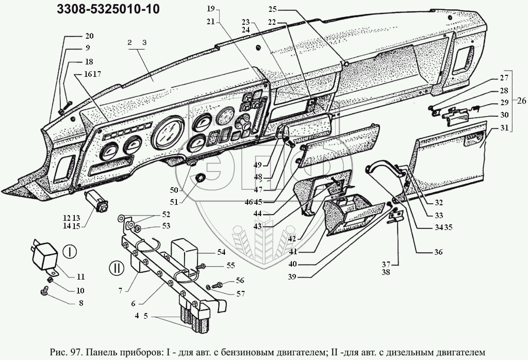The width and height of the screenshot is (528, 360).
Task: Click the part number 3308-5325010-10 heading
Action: coord(108,9)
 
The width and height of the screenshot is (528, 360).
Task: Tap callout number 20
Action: coord(89,36)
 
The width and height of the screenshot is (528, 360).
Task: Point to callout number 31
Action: coord(504,128)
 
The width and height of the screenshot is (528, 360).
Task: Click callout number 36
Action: coord(438,252)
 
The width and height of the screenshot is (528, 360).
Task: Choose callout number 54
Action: coord(221,252)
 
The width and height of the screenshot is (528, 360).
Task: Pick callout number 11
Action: coord(80,277)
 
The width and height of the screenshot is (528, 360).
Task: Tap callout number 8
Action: coord(81,303)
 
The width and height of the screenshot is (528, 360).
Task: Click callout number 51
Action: coord(174,202)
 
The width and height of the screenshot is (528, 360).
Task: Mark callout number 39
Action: coord(292,277)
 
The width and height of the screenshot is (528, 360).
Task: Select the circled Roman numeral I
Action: coord(70,252)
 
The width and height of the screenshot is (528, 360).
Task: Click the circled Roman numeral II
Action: coord(117,268)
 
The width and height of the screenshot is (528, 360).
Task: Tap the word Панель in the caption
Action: coord(100,353)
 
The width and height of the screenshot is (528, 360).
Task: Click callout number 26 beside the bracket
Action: coord(521,101)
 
